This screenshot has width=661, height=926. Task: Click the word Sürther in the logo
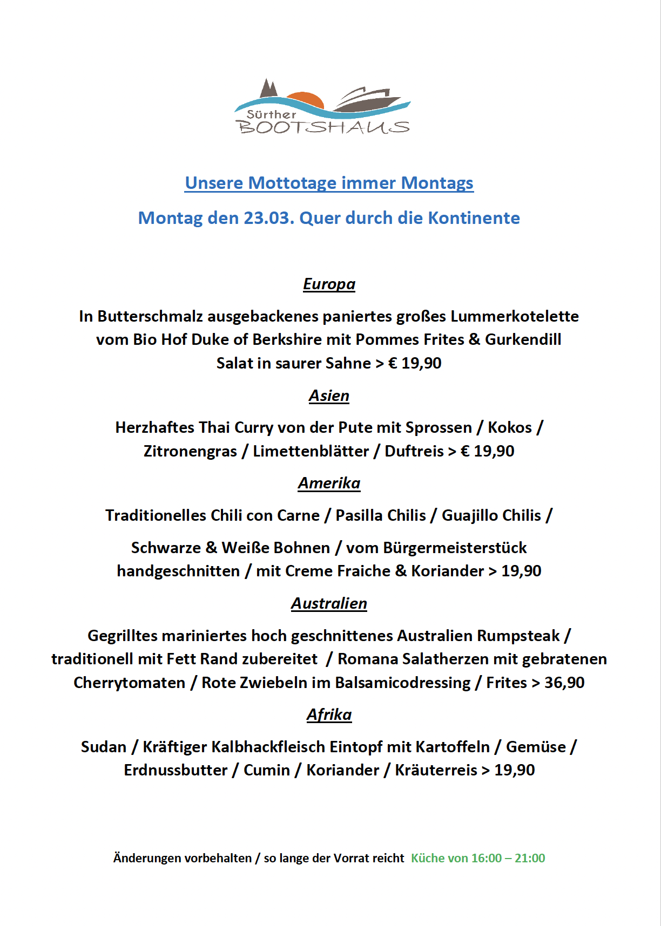(x=271, y=114)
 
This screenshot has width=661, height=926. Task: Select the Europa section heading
(x=329, y=284)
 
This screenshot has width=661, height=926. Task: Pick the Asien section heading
(x=329, y=396)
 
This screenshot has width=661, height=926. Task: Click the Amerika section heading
(x=329, y=483)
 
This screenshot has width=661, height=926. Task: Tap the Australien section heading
(x=329, y=603)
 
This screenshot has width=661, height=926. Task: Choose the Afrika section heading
(x=329, y=714)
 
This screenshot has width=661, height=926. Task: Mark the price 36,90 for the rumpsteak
(x=564, y=683)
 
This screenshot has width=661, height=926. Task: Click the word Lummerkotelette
(x=515, y=316)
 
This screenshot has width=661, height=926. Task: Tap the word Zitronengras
(x=190, y=451)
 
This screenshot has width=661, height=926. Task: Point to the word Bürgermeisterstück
(x=455, y=548)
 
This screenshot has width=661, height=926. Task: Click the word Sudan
(x=103, y=747)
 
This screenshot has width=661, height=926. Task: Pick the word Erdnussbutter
(x=176, y=770)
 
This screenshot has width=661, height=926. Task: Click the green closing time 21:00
(x=530, y=858)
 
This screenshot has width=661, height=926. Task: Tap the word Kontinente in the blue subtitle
(x=474, y=218)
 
